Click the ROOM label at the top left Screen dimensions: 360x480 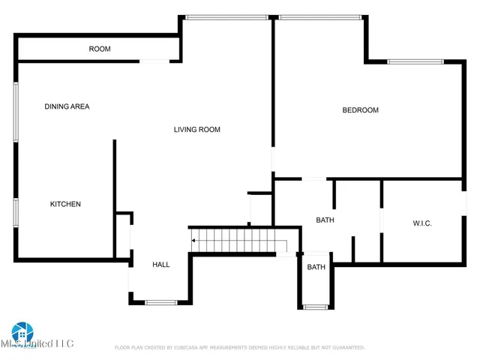click(100, 49)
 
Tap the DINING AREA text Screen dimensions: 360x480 click(67, 106)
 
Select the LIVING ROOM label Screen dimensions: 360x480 click(196, 130)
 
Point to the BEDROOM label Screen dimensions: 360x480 click(360, 110)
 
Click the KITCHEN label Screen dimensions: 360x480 click(65, 204)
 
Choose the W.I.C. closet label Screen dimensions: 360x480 click(422, 223)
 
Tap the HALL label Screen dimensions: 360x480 click(160, 265)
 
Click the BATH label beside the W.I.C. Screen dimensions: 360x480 click(325, 220)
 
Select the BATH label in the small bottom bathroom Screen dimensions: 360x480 click(316, 267)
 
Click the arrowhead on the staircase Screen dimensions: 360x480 click(193, 241)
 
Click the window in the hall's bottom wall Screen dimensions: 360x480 click(160, 302)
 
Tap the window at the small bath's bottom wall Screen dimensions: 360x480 click(315, 306)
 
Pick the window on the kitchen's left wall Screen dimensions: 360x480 click(16, 212)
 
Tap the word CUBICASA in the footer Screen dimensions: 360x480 click(190, 348)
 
